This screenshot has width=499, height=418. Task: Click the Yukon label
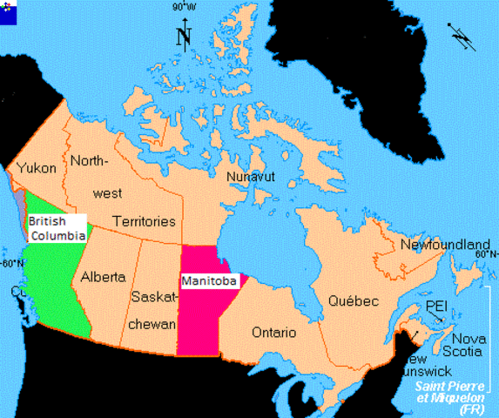pyautogui.click(x=37, y=168)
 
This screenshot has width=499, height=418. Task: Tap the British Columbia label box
pyautogui.click(x=57, y=228)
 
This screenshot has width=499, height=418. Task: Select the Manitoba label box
pyautogui.click(x=209, y=281)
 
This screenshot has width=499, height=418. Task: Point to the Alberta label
pyautogui.click(x=104, y=278)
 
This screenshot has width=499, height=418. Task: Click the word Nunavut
pyautogui.click(x=250, y=177)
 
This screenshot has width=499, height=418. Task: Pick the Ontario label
pyautogui.click(x=273, y=333)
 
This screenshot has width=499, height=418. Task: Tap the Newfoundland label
pyautogui.click(x=445, y=245)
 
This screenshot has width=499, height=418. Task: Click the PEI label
pyautogui.click(x=437, y=307)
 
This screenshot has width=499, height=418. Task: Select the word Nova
pyautogui.click(x=469, y=338)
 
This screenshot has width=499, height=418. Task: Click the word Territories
pyautogui.click(x=145, y=221)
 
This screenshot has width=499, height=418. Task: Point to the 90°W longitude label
pyautogui.click(x=183, y=7)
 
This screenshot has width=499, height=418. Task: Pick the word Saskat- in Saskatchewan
pyautogui.click(x=154, y=296)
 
